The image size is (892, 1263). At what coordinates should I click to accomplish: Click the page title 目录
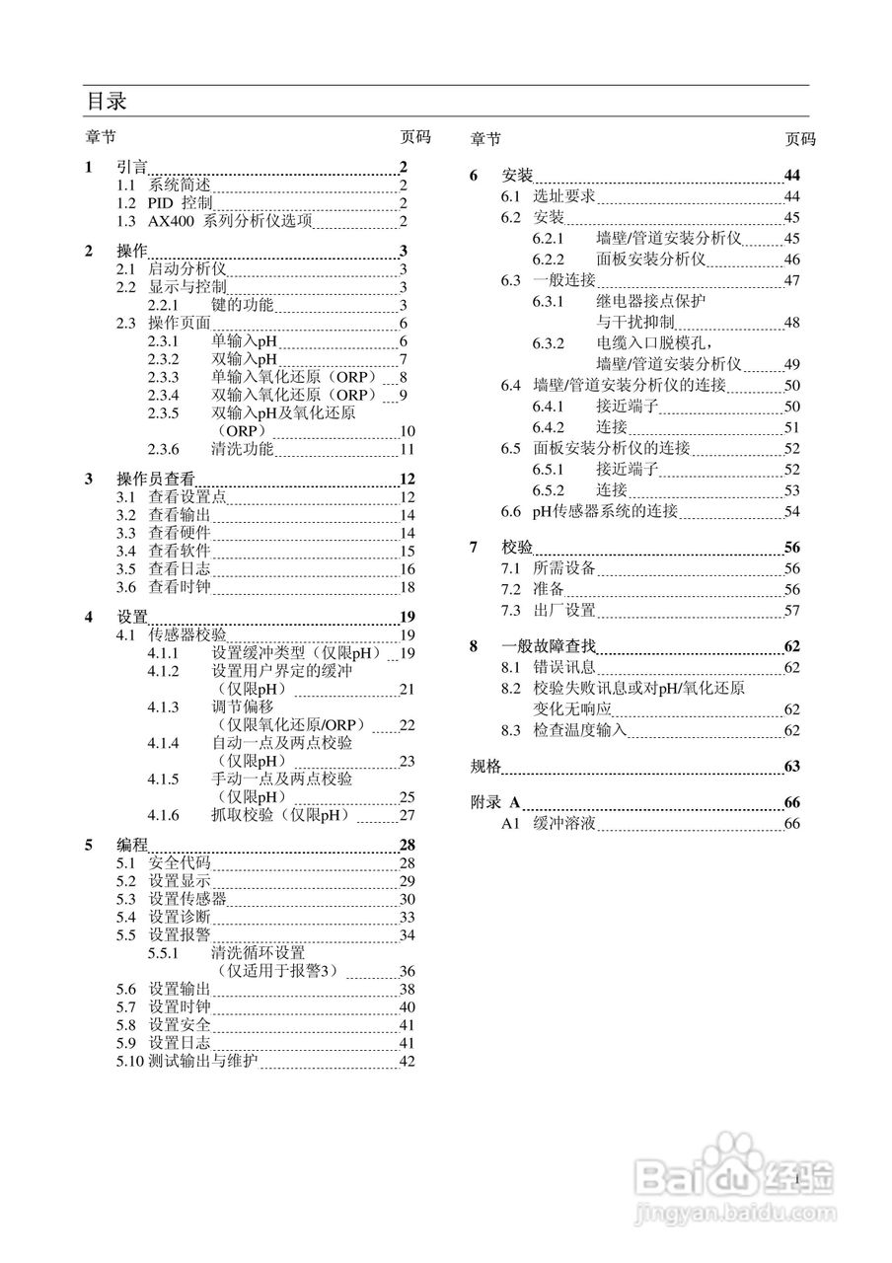106,102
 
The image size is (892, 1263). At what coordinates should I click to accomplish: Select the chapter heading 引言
132,167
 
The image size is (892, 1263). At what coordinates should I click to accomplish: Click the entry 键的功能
242,305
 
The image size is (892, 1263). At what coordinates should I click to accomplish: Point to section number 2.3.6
163,450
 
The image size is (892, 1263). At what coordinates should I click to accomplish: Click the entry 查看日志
179,569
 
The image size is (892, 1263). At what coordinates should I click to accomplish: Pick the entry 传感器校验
186,634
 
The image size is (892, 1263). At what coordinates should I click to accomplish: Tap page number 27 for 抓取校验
407,815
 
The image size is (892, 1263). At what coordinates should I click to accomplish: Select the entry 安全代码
179,863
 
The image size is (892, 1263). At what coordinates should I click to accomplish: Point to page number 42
407,1062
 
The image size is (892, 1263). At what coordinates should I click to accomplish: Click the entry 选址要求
563,196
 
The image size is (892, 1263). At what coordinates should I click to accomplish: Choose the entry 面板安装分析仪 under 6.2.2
650,260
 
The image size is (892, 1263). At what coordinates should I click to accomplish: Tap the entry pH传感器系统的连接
605,511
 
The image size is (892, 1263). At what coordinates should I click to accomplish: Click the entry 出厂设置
563,611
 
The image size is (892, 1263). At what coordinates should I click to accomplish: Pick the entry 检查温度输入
579,731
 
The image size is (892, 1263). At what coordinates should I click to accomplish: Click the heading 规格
485,767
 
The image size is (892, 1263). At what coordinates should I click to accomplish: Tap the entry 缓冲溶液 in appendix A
563,823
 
